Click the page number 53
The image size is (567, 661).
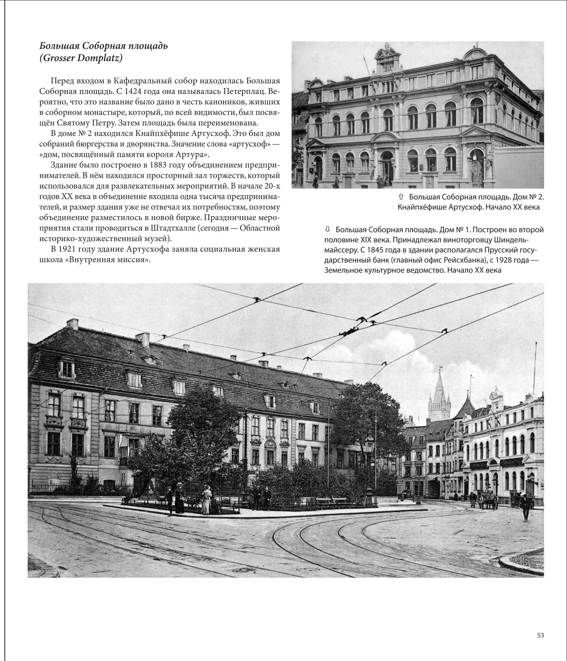tap(540, 635)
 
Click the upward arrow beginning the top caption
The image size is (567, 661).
tap(401, 197)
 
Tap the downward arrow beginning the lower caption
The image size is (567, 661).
tap(328, 229)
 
